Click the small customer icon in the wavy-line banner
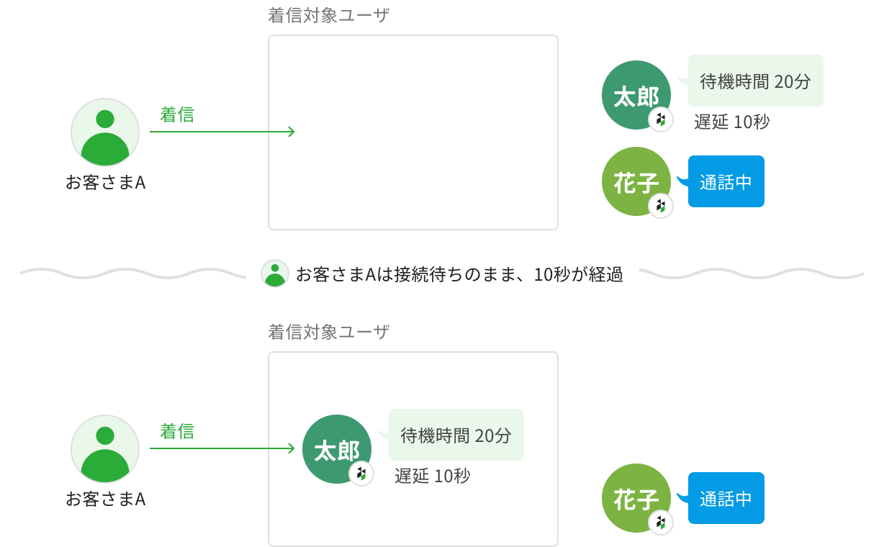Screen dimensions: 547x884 click(x=274, y=273)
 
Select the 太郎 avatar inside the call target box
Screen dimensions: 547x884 click(x=336, y=449)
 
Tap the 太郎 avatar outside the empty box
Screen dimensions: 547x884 click(x=636, y=95)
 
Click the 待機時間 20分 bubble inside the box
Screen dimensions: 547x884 click(x=456, y=435)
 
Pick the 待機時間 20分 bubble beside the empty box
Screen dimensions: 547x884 click(x=755, y=81)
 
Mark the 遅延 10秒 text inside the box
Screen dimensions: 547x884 click(x=432, y=476)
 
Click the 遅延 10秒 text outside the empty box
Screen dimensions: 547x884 click(x=731, y=122)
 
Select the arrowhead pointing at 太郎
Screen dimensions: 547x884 click(x=291, y=448)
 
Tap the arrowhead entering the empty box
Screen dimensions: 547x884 click(x=291, y=132)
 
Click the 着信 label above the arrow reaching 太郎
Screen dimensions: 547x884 click(x=177, y=431)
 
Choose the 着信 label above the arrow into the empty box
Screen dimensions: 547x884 click(x=177, y=114)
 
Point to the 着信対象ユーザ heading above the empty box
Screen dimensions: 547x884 click(x=328, y=16)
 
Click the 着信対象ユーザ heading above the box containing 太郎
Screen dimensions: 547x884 click(x=328, y=332)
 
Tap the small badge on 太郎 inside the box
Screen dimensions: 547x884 click(x=361, y=474)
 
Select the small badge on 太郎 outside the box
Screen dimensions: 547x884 click(x=661, y=119)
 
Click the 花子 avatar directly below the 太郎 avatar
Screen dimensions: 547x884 click(x=636, y=181)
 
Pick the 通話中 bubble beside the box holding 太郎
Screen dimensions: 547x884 click(x=726, y=498)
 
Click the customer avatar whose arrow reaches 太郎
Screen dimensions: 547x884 click(x=105, y=448)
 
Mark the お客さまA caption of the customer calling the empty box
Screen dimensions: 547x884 click(x=105, y=183)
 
